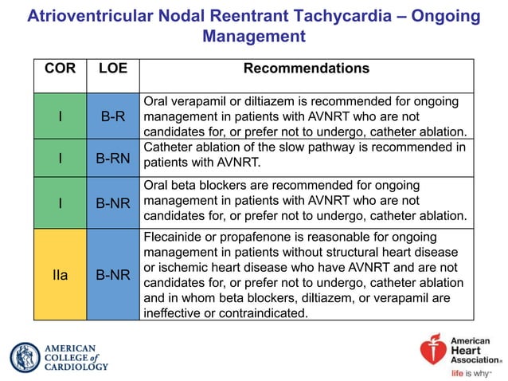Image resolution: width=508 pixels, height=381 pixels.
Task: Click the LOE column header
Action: pyautogui.click(x=112, y=69)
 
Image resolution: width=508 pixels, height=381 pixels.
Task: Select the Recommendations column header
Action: pyautogui.click(x=306, y=69)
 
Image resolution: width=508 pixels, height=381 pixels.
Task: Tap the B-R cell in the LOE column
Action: pyautogui.click(x=112, y=117)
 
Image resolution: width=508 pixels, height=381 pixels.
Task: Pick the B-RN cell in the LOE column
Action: pyautogui.click(x=112, y=158)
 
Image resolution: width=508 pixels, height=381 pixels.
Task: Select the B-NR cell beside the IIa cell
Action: pyautogui.click(x=112, y=276)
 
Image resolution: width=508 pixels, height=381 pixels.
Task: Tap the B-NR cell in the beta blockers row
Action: pyautogui.click(x=112, y=202)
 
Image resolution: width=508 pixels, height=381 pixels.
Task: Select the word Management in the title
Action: pyautogui.click(x=254, y=37)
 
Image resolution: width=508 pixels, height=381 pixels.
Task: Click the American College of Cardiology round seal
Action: pyautogui.click(x=25, y=357)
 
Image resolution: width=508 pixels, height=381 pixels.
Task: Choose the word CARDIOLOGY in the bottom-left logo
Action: pyautogui.click(x=76, y=367)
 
